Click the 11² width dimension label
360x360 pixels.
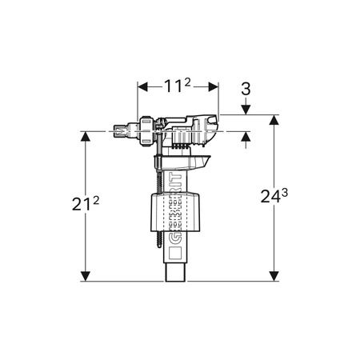coord(178,86)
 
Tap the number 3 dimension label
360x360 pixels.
coord(246,89)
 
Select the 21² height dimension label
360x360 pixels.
coord(86,204)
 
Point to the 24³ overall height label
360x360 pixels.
coord(274,196)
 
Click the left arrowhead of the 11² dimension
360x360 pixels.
coord(142,86)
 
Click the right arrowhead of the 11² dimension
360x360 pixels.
coord(214,86)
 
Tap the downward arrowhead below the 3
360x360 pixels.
coord(246,110)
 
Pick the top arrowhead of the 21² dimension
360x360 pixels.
coord(86,136)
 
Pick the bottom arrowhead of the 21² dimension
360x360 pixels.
coord(86,276)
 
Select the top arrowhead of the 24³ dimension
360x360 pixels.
coord(274,120)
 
